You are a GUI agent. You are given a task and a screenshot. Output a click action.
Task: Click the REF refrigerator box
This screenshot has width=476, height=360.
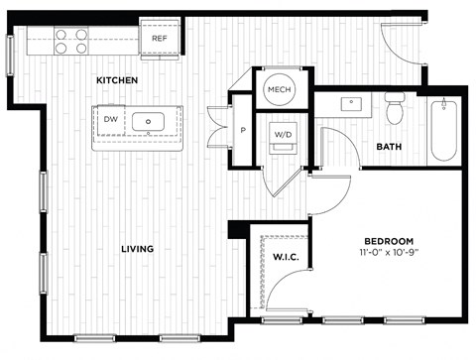pos(159,38)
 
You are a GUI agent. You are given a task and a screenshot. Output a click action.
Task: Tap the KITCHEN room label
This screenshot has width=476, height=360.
pos(116,79)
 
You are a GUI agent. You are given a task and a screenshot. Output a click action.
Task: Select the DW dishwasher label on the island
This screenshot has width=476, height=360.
pos(110,118)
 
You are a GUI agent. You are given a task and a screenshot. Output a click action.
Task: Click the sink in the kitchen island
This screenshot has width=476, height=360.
pos(152,122)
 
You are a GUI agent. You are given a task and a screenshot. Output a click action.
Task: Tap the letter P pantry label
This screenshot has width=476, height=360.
pos(243,129)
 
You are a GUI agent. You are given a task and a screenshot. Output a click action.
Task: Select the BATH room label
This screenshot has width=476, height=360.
pos(388,147)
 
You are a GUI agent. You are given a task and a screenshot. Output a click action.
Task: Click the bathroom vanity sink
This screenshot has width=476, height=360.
pos(352,102)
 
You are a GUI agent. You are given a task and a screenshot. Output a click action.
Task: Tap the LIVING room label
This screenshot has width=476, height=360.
pos(138,249)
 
